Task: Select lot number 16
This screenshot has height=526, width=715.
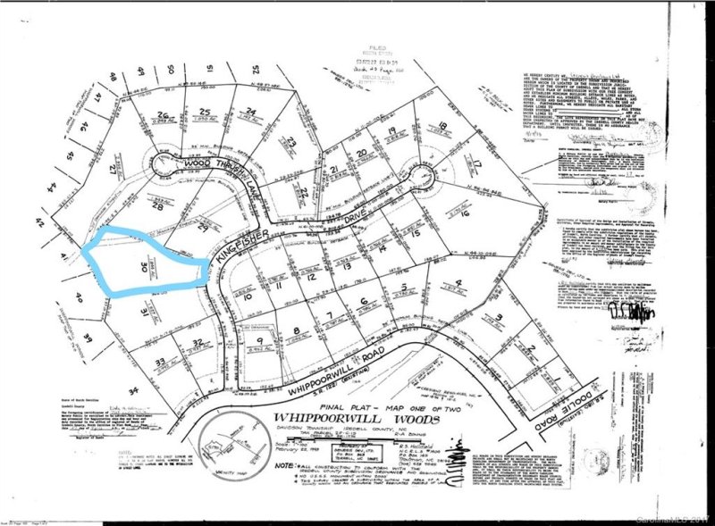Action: point(464,214)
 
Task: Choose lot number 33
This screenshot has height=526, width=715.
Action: point(161,362)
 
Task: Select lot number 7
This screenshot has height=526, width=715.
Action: point(328,314)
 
